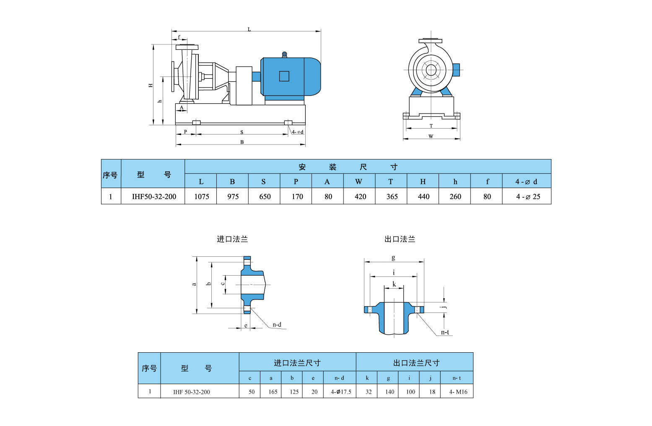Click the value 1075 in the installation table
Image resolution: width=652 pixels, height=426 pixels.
point(201,196)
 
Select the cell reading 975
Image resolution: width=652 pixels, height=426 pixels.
point(233,196)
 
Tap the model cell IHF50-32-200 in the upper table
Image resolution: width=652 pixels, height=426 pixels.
point(154,196)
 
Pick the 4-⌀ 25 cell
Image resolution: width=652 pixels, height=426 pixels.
point(528,196)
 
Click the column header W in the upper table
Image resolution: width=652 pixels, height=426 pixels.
point(358,181)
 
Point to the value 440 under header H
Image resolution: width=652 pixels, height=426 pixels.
point(423,196)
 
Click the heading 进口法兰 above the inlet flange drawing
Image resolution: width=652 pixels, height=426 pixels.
point(232,239)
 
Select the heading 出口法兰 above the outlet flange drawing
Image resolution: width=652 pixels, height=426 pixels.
point(400,239)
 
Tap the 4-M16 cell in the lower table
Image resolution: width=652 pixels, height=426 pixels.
point(458,392)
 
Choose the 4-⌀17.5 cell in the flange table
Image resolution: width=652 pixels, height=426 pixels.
point(340,392)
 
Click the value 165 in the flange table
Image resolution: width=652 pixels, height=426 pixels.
point(273,392)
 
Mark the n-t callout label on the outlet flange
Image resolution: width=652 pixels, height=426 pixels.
point(445,332)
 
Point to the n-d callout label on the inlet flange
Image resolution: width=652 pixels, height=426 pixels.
point(277,325)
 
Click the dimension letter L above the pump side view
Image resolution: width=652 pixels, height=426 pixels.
point(249,29)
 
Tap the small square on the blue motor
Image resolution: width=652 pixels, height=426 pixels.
point(284,76)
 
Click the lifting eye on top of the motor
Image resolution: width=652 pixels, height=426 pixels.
point(284,54)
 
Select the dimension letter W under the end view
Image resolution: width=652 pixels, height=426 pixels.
point(431,136)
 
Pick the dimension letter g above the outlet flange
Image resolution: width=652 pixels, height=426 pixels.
point(393,258)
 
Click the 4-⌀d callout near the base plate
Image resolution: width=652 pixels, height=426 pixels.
point(297,132)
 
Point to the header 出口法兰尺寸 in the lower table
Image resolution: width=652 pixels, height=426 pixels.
point(416,363)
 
